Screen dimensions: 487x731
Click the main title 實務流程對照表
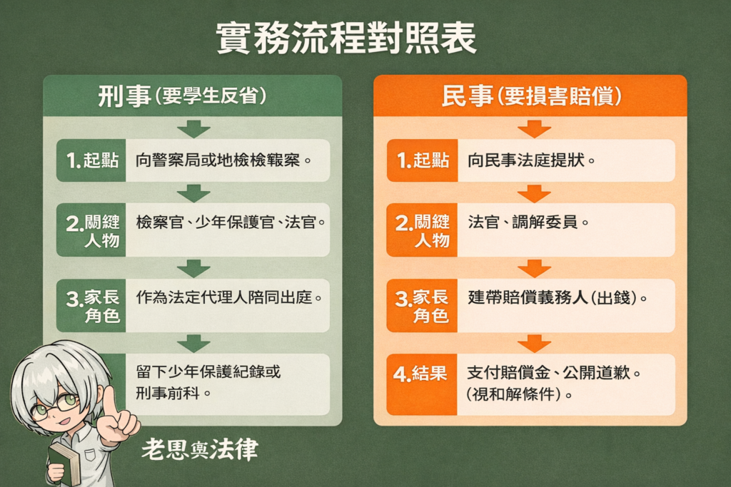click(x=347, y=40)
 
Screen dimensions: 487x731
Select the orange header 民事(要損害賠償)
click(x=530, y=97)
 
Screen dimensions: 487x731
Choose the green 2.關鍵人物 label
click(x=91, y=230)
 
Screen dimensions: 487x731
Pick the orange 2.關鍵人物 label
click(x=422, y=230)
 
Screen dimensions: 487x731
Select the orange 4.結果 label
click(x=422, y=374)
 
